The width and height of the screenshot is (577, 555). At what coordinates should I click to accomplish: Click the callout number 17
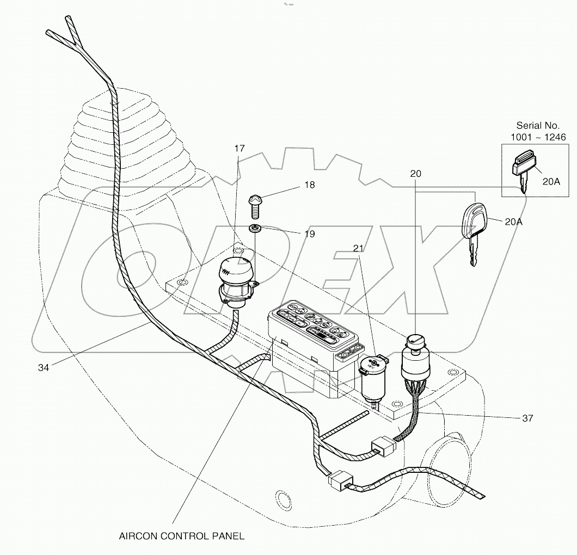coord(240,148)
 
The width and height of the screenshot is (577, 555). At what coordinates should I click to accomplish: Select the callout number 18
coord(309,185)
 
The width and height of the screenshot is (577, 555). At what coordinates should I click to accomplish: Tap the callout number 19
coord(309,234)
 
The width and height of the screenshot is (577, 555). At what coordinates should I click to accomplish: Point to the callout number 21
coord(357,248)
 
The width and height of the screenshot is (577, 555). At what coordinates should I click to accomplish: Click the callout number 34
coord(44,368)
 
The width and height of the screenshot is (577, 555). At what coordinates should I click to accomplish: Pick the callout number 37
coord(527,418)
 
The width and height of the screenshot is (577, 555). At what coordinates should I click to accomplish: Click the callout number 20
coord(416,174)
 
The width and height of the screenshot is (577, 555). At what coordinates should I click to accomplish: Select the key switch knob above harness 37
coord(416,343)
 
